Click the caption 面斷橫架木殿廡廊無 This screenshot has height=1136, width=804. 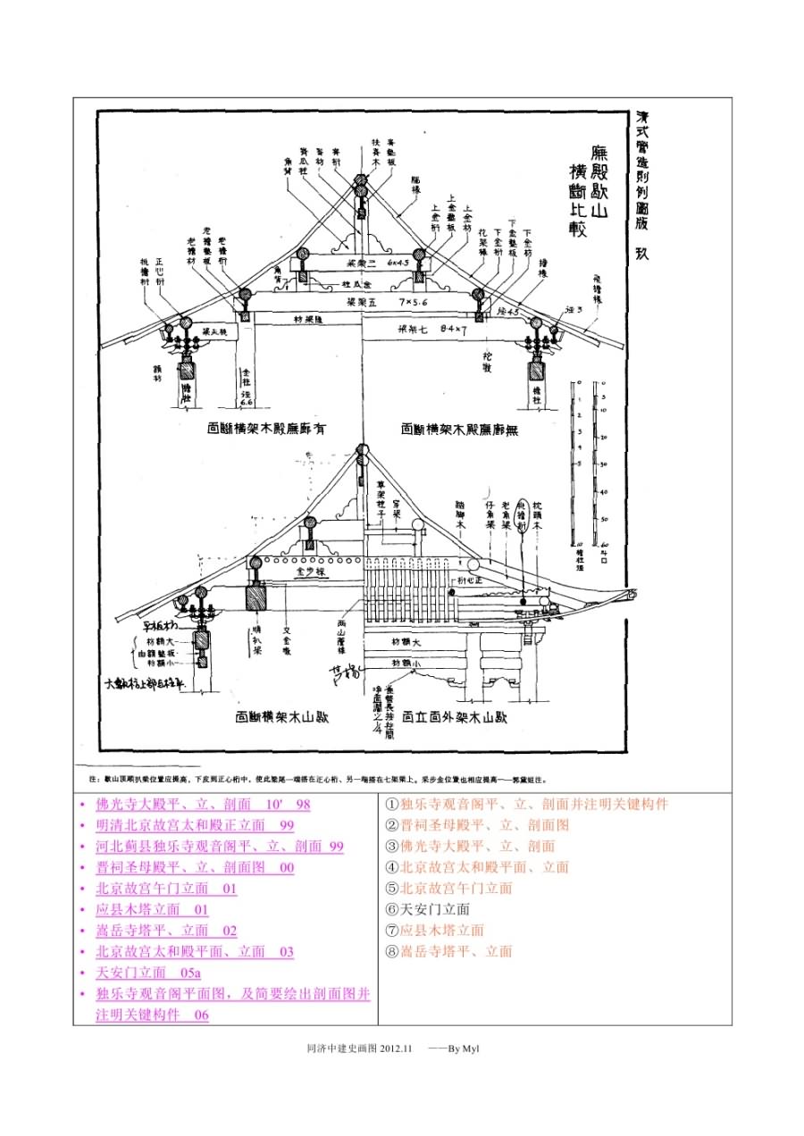(x=460, y=430)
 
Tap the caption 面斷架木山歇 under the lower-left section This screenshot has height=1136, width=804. (x=281, y=716)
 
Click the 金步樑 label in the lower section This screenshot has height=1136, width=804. (x=306, y=566)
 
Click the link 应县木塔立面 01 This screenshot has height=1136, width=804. (x=152, y=909)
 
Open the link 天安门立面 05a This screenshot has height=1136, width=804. (x=148, y=973)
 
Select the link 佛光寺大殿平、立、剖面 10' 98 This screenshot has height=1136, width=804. (x=203, y=804)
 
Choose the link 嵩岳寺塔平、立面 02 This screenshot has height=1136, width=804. (x=166, y=931)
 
